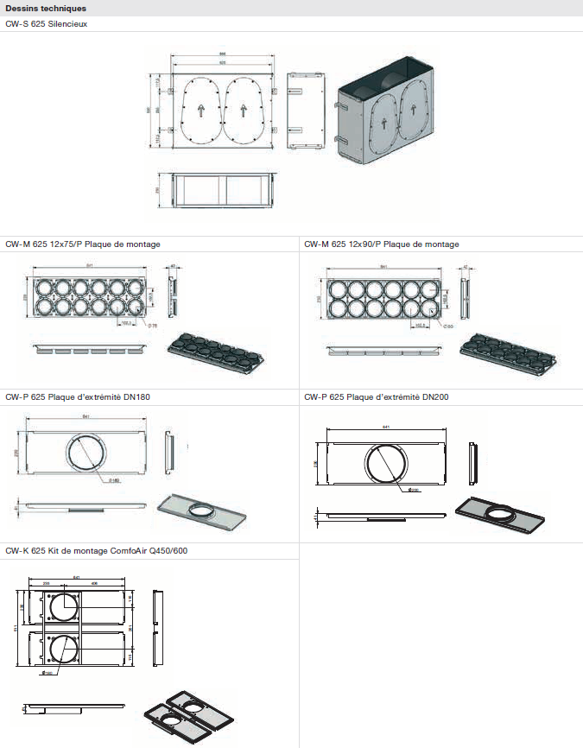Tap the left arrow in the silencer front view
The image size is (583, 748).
tap(198, 111)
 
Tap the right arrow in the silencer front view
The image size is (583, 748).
tap(245, 111)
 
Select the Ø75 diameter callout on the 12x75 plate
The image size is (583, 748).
tap(152, 325)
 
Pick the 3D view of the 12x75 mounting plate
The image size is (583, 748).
tap(214, 352)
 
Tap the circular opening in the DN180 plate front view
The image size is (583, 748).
tap(86, 451)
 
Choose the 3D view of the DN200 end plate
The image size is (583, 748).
tap(501, 513)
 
